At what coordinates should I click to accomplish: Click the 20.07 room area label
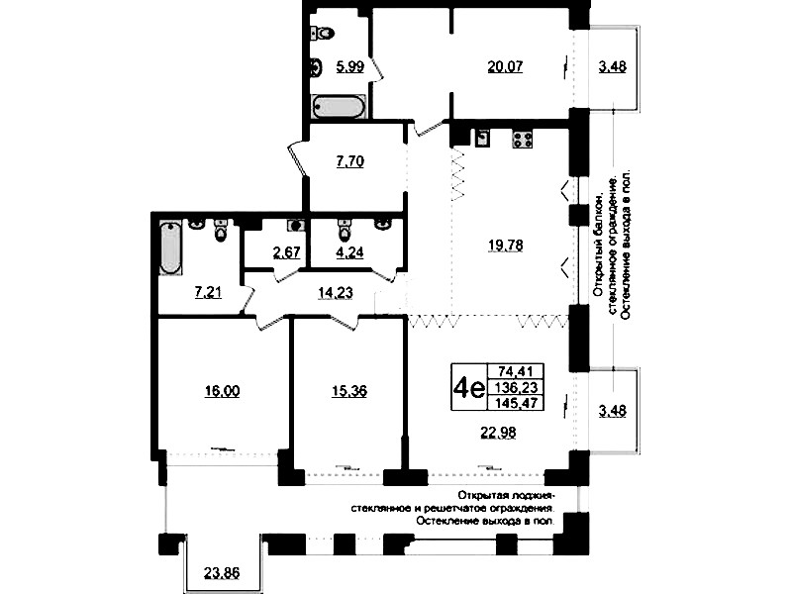coord(505,66)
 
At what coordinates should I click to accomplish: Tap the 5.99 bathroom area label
coord(350,66)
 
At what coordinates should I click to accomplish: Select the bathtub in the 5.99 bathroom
coord(339,107)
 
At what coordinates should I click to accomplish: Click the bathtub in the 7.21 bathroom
coord(171,247)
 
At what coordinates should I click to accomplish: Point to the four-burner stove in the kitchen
coord(523,139)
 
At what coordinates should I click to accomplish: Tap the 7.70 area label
coord(350,161)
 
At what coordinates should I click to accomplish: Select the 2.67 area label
coord(286,251)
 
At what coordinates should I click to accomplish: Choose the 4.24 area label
coord(350,251)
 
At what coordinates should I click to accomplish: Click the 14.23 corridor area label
coord(336,292)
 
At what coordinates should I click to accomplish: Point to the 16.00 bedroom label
coord(223,391)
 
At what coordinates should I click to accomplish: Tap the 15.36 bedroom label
coord(349,391)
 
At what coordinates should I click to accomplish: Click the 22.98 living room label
coord(498,433)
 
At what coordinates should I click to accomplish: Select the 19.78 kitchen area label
coord(506,246)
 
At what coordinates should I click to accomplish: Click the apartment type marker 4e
coord(468,388)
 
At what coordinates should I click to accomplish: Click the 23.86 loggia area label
coord(222,573)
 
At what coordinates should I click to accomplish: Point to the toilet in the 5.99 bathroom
coord(323,33)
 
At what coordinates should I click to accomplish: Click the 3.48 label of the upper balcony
coord(613,66)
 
